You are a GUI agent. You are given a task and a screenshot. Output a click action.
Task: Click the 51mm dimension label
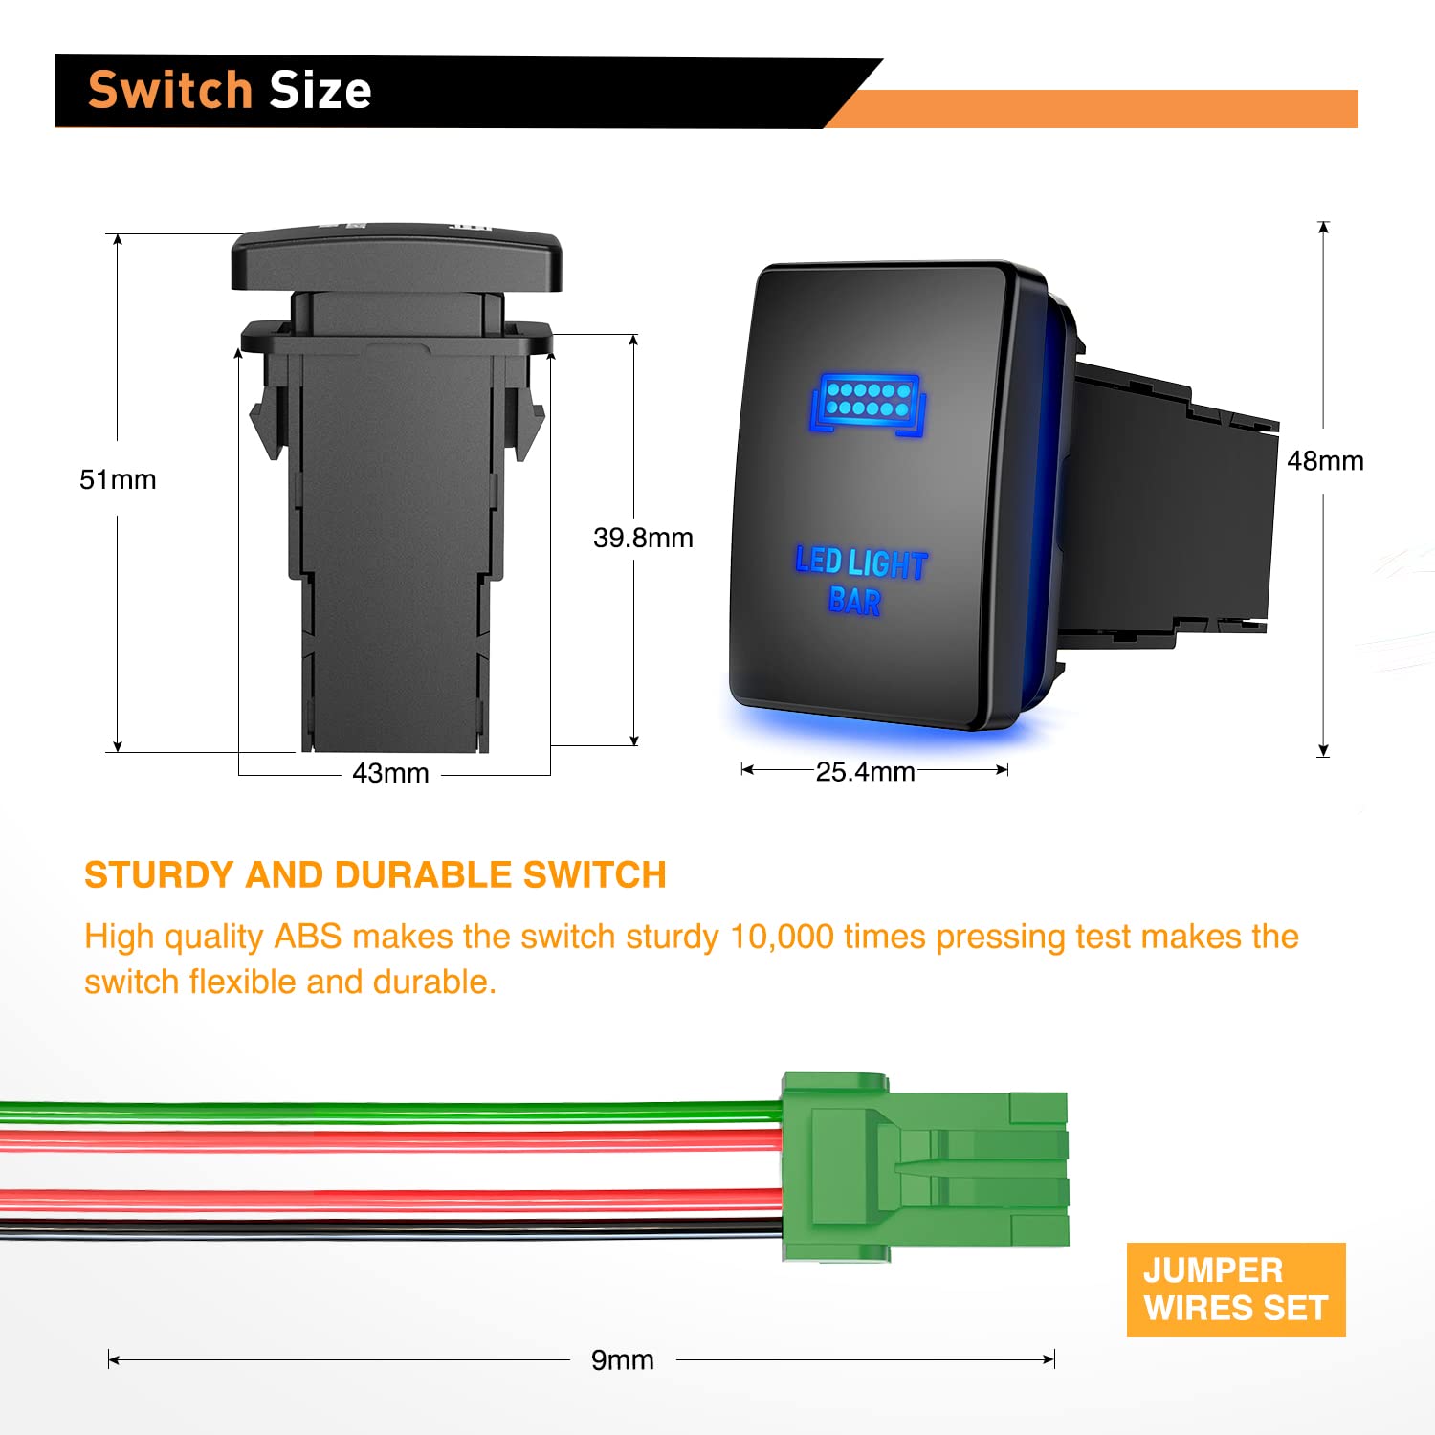(117, 479)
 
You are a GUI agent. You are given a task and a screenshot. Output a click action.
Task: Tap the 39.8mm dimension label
(642, 538)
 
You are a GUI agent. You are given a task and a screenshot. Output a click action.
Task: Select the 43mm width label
(389, 773)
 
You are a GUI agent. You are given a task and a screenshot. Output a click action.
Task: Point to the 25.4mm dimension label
(865, 771)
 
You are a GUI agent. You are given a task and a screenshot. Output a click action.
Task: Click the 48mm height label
(1325, 461)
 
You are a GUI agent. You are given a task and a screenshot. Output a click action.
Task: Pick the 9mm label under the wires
(622, 1359)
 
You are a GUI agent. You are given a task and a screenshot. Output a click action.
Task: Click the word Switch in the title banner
(170, 91)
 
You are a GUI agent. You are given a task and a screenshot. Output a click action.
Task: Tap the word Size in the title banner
(320, 91)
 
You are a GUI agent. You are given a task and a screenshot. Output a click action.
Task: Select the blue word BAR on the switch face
(854, 601)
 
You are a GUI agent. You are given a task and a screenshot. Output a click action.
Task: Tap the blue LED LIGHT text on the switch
(861, 563)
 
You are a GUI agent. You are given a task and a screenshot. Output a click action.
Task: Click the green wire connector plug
(923, 1167)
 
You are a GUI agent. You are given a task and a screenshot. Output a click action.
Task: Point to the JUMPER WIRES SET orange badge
(1235, 1290)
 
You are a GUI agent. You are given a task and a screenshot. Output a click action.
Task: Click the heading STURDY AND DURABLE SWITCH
(375, 875)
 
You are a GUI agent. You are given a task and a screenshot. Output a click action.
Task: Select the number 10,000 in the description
(782, 937)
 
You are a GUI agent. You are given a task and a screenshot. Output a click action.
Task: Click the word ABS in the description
(307, 937)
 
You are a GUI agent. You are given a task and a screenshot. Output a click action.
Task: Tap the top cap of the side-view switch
(396, 258)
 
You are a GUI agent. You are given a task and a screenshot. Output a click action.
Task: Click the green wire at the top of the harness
(383, 1112)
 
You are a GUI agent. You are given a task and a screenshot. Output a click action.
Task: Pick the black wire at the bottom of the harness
(383, 1229)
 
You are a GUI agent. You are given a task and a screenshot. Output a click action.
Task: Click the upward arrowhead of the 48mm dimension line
(1323, 228)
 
